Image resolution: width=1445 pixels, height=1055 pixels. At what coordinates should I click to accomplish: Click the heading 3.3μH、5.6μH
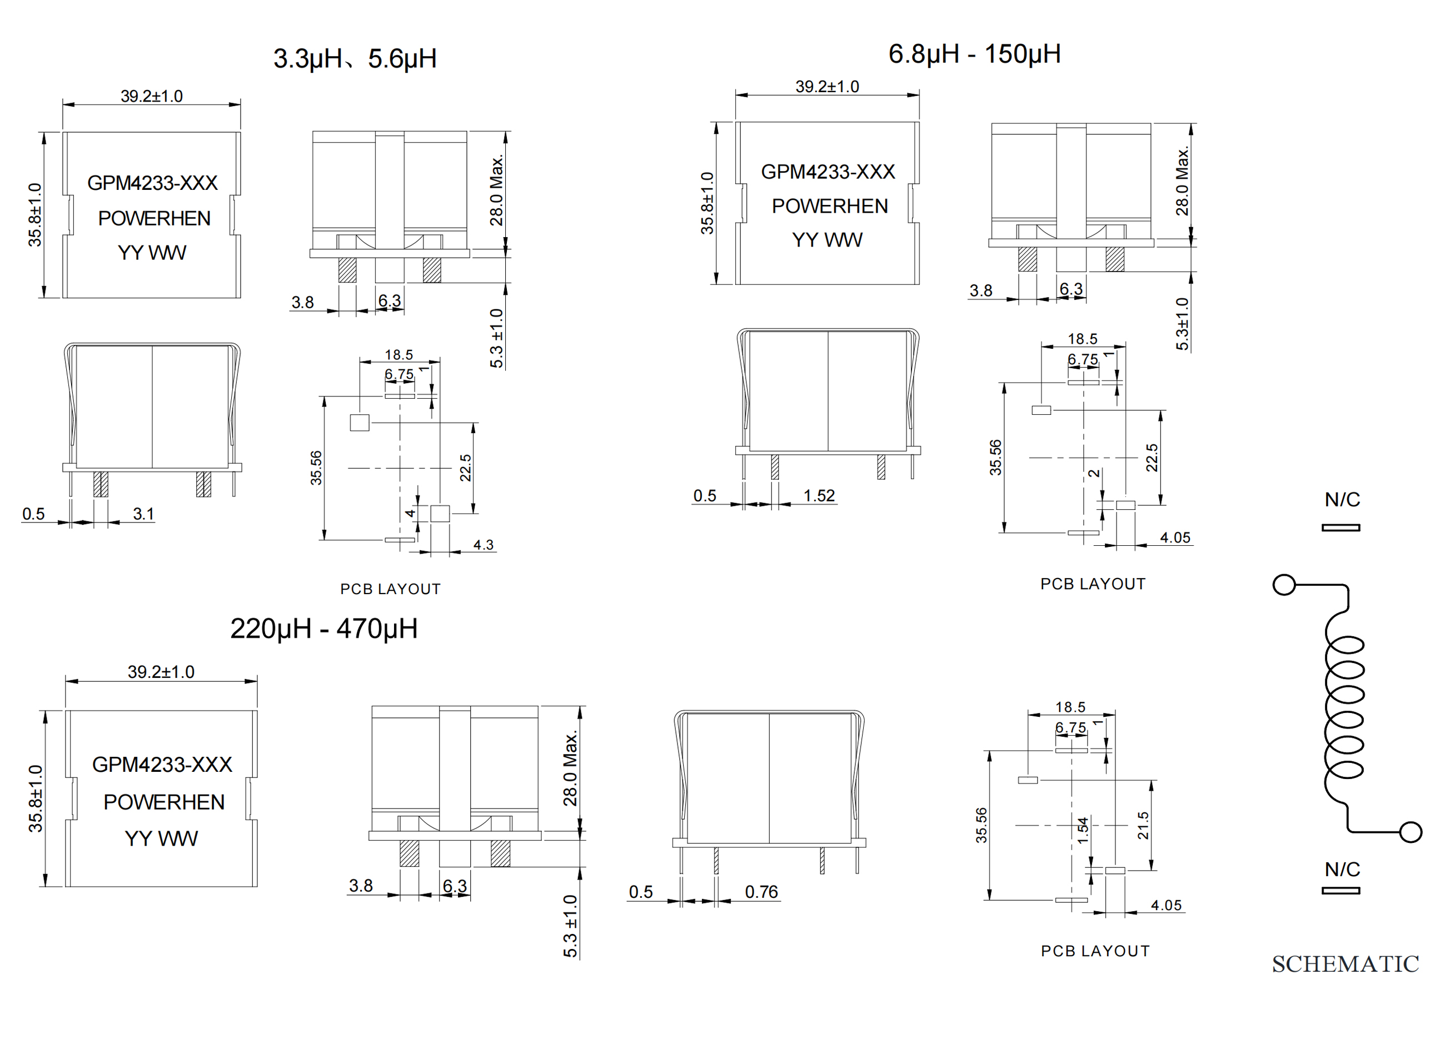tap(355, 59)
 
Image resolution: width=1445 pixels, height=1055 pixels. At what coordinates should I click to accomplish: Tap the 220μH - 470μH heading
tap(324, 629)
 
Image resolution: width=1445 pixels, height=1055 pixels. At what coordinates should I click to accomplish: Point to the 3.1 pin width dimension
tap(143, 514)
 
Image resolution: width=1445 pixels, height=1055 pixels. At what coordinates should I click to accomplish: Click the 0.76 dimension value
tap(761, 892)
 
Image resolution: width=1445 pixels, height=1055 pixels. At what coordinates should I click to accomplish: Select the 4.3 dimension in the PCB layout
tap(483, 545)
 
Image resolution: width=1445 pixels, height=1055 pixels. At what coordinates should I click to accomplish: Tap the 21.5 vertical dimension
tap(1143, 825)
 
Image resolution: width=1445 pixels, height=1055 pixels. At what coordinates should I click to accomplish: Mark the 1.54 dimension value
tap(1083, 830)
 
